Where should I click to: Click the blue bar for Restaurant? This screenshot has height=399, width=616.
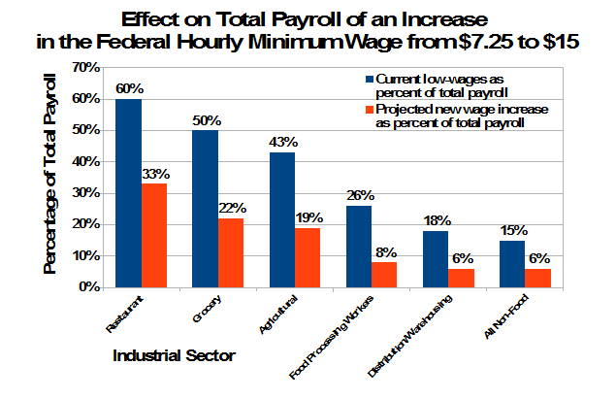click(x=129, y=193)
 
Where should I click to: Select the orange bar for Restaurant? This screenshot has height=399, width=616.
click(x=155, y=236)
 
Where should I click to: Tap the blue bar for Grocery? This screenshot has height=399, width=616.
click(x=205, y=209)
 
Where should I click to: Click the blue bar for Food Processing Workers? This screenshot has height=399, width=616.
click(x=359, y=247)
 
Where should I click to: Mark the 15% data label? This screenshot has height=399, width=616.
click(x=513, y=230)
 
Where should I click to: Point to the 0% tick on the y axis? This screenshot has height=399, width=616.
click(x=90, y=288)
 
